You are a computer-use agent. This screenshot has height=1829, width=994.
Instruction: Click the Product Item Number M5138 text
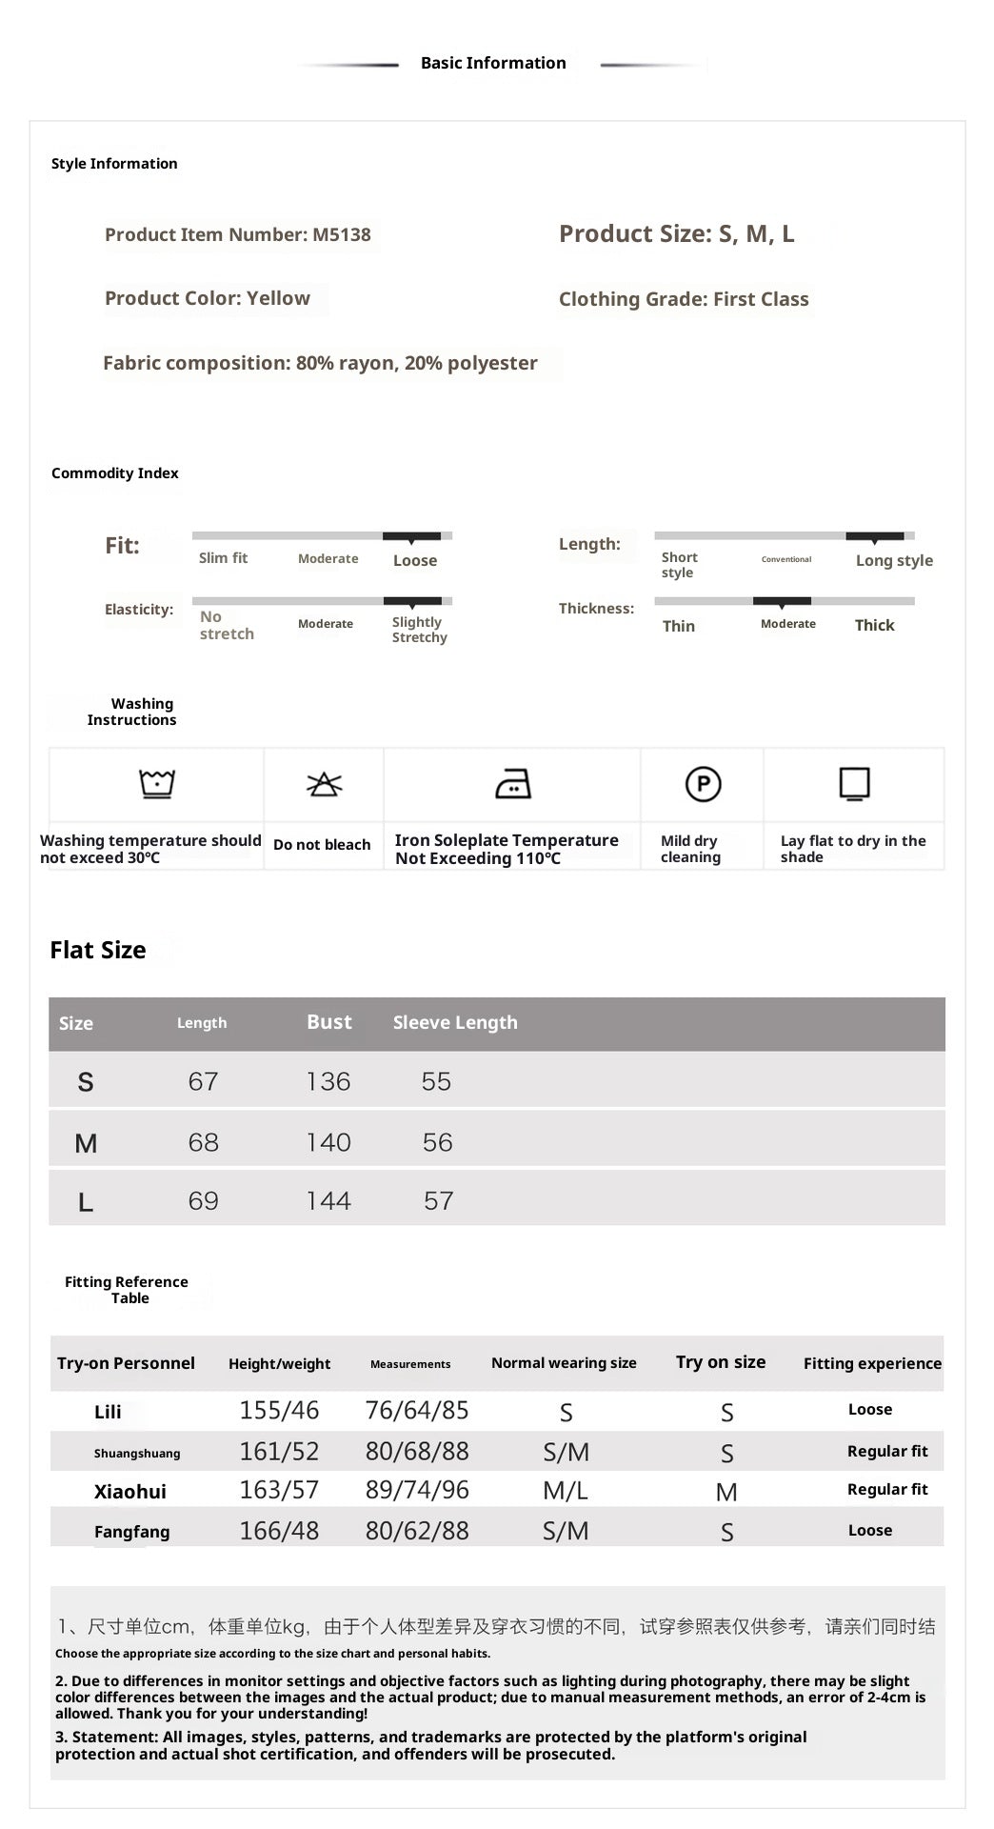[237, 234]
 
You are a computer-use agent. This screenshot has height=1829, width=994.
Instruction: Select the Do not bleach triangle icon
[324, 784]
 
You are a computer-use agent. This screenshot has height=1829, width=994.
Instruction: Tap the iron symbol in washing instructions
[513, 784]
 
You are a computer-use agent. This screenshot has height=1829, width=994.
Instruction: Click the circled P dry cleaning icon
[703, 784]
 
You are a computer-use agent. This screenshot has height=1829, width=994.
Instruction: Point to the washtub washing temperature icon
[157, 783]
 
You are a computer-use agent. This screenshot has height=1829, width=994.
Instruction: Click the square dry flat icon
[854, 784]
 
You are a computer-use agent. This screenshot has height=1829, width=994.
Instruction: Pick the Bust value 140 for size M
[328, 1142]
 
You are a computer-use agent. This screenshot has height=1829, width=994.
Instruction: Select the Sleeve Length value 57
[438, 1200]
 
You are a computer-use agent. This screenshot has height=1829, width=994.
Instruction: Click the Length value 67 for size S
[203, 1081]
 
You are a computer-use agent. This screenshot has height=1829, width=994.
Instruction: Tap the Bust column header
[329, 1022]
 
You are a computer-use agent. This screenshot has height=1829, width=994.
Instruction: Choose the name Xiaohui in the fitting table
[129, 1492]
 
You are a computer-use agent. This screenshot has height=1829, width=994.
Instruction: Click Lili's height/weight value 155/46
[279, 1410]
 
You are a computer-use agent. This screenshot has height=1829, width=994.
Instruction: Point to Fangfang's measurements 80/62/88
[417, 1531]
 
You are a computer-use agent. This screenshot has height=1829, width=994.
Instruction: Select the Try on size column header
[721, 1362]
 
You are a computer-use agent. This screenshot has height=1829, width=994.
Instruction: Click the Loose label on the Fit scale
[415, 561]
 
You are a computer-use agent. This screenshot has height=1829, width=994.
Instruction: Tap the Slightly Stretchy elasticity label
[419, 630]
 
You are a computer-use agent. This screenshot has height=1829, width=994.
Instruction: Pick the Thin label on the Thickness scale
[679, 626]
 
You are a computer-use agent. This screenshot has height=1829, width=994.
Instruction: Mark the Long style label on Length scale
[894, 560]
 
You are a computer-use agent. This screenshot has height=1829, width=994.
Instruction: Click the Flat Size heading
[98, 950]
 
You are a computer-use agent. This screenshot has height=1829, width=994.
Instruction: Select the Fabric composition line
[320, 363]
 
